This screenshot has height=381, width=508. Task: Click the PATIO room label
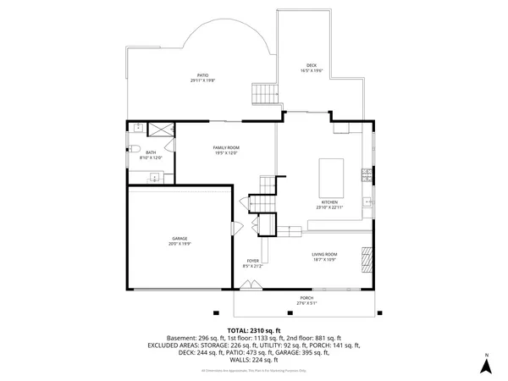203,75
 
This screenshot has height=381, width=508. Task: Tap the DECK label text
312,65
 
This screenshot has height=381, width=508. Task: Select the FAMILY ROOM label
225,147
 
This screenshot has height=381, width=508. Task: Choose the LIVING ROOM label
324,254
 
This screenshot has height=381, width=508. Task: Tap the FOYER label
252,260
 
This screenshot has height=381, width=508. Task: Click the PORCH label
306,298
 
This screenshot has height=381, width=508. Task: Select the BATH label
151,152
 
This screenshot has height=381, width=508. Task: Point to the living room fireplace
366,256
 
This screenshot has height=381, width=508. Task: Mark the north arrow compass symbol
486,365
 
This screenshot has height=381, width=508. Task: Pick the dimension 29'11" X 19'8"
203,80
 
